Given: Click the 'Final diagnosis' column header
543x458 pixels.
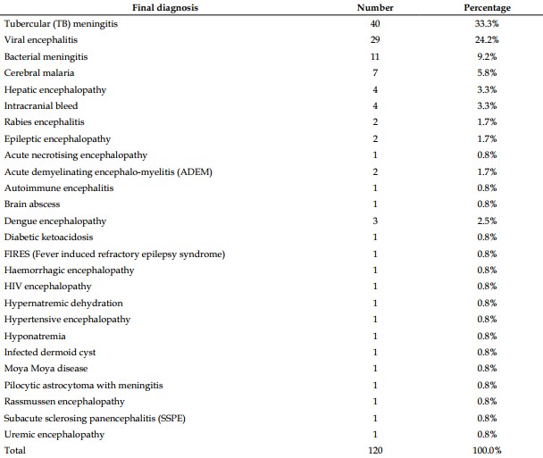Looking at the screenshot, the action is pyautogui.click(x=165, y=8).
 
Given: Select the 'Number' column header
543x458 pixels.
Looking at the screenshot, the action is pyautogui.click(x=375, y=8).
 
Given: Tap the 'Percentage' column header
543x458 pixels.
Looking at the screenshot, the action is pyautogui.click(x=488, y=8).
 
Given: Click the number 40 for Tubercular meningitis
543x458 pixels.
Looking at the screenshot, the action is pyautogui.click(x=375, y=23).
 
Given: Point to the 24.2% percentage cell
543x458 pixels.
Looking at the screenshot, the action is pyautogui.click(x=487, y=40).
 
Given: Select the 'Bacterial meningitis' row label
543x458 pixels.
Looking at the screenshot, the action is pyautogui.click(x=46, y=57).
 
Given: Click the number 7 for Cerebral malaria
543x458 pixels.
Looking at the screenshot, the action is pyautogui.click(x=375, y=72).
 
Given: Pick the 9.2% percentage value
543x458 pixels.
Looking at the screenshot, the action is pyautogui.click(x=487, y=56).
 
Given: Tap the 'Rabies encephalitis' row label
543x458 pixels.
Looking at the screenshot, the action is pyautogui.click(x=45, y=122).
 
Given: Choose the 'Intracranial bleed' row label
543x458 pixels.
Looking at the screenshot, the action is pyautogui.click(x=41, y=105).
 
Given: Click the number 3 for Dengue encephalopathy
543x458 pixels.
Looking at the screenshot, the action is pyautogui.click(x=375, y=221).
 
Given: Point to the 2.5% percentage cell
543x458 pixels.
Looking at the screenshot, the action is pyautogui.click(x=487, y=221).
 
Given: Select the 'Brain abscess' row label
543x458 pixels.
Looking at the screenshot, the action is pyautogui.click(x=32, y=204).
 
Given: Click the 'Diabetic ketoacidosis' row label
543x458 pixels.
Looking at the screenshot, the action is pyautogui.click(x=49, y=237).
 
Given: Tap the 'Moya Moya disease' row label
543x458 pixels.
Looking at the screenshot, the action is pyautogui.click(x=46, y=369).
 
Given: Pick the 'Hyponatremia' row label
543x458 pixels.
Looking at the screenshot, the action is pyautogui.click(x=35, y=337).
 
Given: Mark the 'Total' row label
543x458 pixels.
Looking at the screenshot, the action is pyautogui.click(x=15, y=450).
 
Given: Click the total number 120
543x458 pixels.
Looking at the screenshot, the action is pyautogui.click(x=375, y=450).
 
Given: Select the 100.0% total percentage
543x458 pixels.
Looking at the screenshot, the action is pyautogui.click(x=487, y=450).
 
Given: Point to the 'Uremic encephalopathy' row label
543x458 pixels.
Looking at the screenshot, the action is pyautogui.click(x=54, y=435).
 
